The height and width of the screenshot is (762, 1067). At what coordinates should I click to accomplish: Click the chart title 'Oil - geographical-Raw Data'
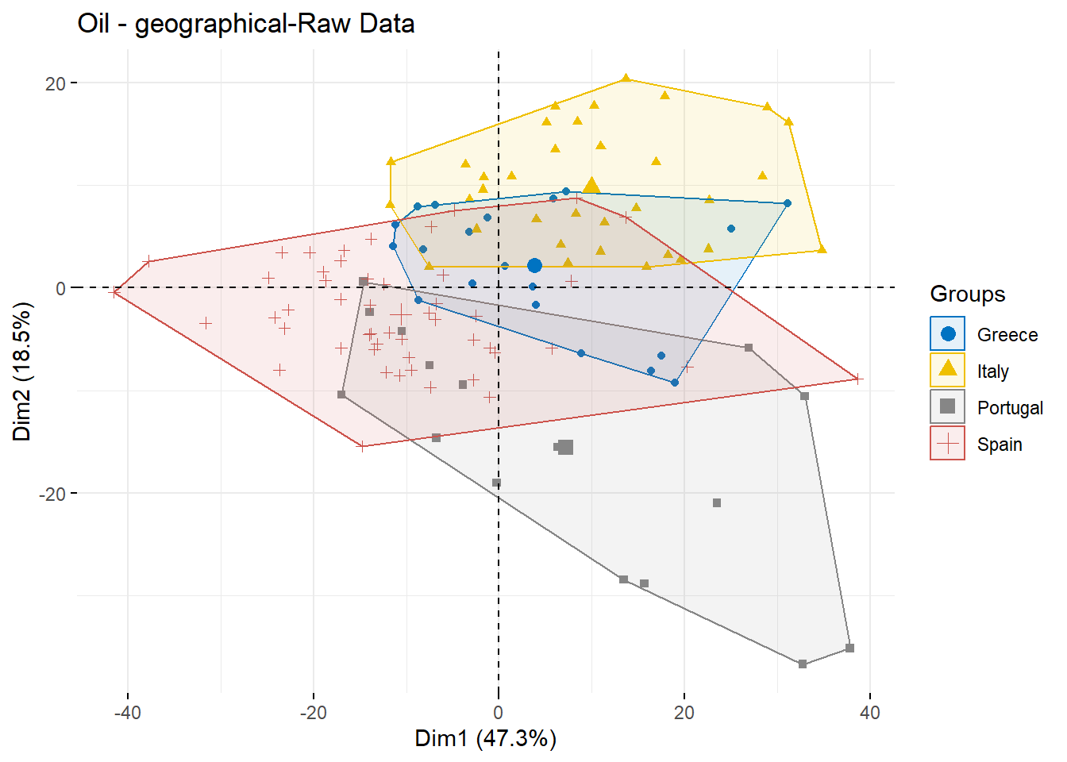tap(246, 24)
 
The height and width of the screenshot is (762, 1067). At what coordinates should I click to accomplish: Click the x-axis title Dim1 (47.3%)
tap(485, 739)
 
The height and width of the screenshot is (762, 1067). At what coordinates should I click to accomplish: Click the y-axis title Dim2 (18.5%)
tap(22, 371)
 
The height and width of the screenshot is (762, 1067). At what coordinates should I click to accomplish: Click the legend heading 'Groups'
tap(967, 294)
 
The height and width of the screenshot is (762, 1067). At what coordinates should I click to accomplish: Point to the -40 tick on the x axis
tap(127, 713)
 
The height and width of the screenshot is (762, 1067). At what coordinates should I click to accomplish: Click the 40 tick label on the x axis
tap(870, 713)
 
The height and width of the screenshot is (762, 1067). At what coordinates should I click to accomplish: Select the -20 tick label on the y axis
tap(52, 494)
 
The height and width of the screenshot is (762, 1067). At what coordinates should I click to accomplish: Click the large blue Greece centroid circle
tap(534, 266)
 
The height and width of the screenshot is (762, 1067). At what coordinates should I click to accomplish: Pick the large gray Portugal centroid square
tap(565, 448)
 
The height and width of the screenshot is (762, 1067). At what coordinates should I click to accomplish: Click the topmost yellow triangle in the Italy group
tap(626, 78)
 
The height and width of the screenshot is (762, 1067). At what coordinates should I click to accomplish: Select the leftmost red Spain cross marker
tap(115, 292)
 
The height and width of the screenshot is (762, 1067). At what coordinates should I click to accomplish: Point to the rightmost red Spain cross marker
tap(857, 379)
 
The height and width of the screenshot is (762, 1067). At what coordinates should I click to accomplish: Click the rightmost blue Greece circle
tap(788, 204)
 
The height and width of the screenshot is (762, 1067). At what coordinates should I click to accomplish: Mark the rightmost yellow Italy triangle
tap(822, 249)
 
